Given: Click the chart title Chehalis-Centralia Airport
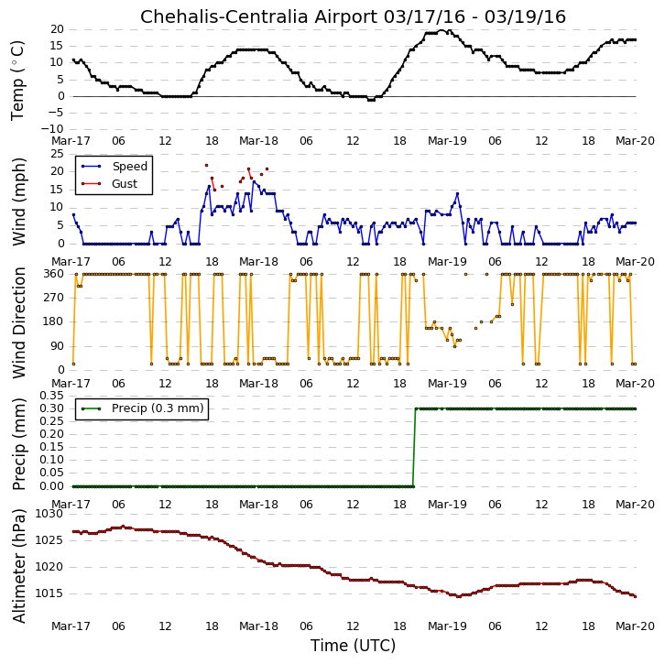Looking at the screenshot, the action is [x=258, y=17].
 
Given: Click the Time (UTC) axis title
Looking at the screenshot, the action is [x=353, y=646].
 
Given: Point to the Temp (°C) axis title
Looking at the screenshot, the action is [x=17, y=81].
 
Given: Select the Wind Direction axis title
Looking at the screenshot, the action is [x=18, y=322].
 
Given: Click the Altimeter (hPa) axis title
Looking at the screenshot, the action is [x=18, y=566].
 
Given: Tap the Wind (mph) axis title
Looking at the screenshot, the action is [x=18, y=201].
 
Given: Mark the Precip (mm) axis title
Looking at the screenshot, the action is [x=18, y=444].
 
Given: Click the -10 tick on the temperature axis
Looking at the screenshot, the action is [x=52, y=129].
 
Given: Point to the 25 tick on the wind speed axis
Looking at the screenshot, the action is [x=58, y=154].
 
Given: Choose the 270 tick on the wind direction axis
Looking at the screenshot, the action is [x=54, y=298].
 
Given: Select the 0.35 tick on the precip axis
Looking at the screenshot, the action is [x=51, y=396].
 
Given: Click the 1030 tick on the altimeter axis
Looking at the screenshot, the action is [x=49, y=514].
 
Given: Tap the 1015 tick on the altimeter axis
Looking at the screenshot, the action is [x=49, y=593].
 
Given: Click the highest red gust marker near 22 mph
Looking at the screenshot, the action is [x=206, y=166].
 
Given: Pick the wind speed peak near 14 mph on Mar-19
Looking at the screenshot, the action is [x=458, y=194].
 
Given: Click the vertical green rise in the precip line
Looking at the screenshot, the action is [x=414, y=447].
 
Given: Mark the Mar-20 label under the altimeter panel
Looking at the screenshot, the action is [x=635, y=626].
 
